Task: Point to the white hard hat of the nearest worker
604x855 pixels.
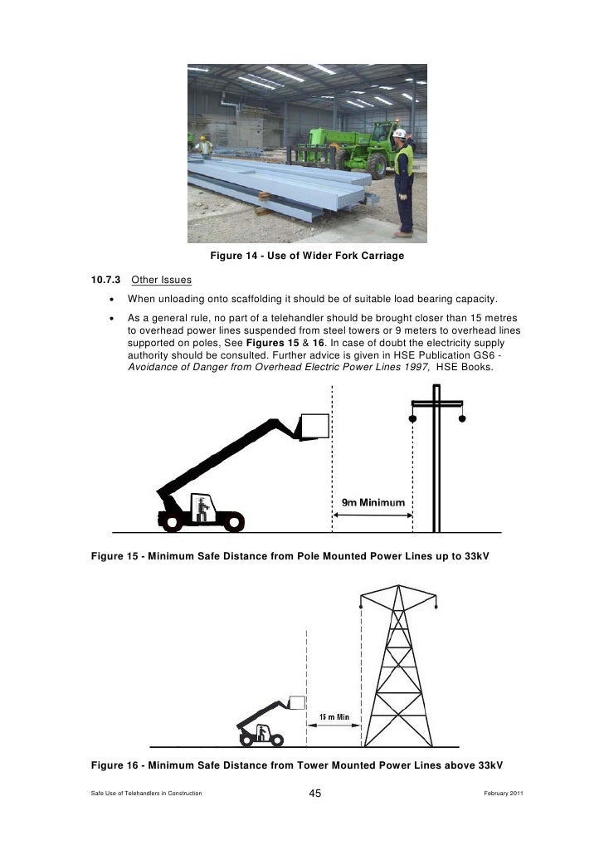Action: point(400,133)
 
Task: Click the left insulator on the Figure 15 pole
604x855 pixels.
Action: point(413,419)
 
